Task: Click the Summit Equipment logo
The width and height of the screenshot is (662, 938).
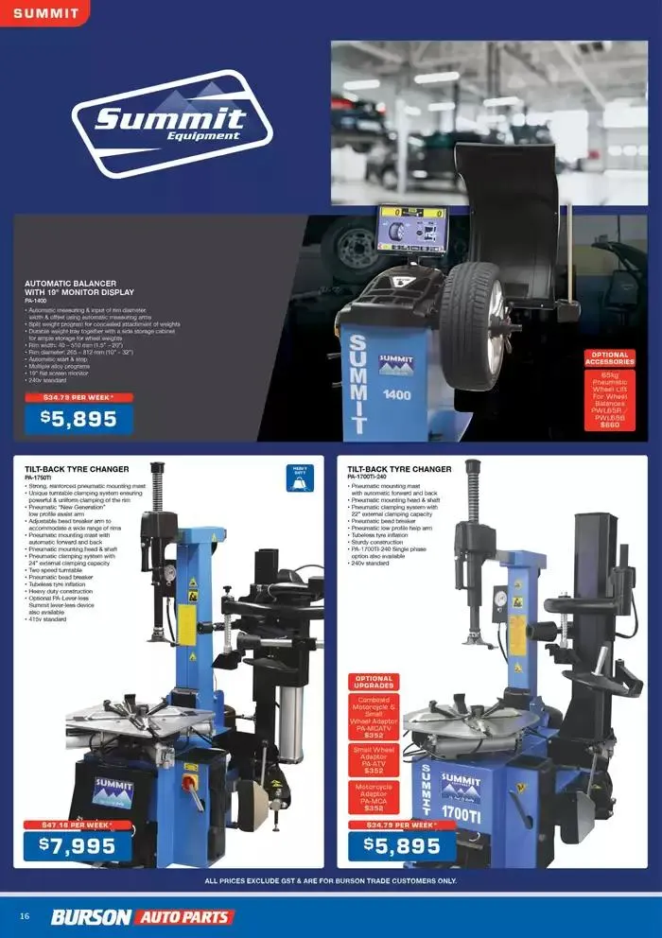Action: click(172, 123)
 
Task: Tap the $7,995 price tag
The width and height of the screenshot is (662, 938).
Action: click(78, 846)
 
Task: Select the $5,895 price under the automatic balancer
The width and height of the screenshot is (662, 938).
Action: click(78, 419)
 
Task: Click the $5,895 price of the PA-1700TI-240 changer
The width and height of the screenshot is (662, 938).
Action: click(402, 846)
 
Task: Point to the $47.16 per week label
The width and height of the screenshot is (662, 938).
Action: click(78, 825)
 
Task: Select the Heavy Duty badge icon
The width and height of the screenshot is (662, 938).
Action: click(299, 478)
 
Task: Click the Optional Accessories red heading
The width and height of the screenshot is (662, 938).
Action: click(610, 357)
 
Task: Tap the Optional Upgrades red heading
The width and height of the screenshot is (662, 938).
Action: click(375, 682)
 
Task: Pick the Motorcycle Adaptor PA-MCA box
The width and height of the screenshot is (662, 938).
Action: click(375, 797)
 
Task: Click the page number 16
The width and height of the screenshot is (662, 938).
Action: click(25, 916)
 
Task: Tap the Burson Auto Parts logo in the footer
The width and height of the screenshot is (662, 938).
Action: click(142, 916)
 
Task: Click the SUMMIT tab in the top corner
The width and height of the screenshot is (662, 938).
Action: click(44, 13)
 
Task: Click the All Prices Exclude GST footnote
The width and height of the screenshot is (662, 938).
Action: click(331, 881)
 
